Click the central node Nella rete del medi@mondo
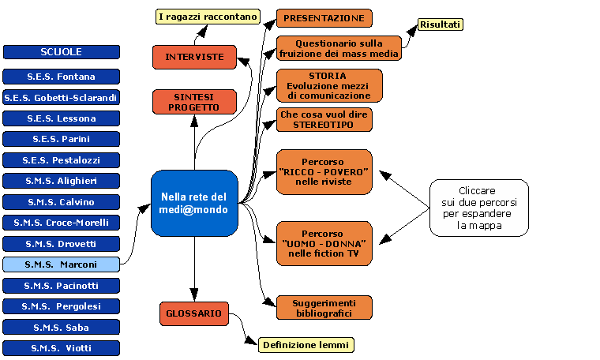point(194,203)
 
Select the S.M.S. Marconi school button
point(62,264)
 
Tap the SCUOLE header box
point(62,52)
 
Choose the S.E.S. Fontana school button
point(62,77)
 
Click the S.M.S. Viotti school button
point(62,347)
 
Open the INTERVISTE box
point(194,57)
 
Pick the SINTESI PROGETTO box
point(194,102)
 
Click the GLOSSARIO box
point(194,313)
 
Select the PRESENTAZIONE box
point(324,17)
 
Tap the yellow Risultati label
point(441,24)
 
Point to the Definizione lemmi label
point(306,345)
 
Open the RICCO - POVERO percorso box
point(324,171)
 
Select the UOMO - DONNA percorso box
point(324,243)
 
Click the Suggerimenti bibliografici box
point(324,308)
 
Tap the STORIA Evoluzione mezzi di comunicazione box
point(328,85)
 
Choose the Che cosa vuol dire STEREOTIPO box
point(324,119)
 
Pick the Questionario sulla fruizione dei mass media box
point(339,48)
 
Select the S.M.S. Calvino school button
point(62,201)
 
